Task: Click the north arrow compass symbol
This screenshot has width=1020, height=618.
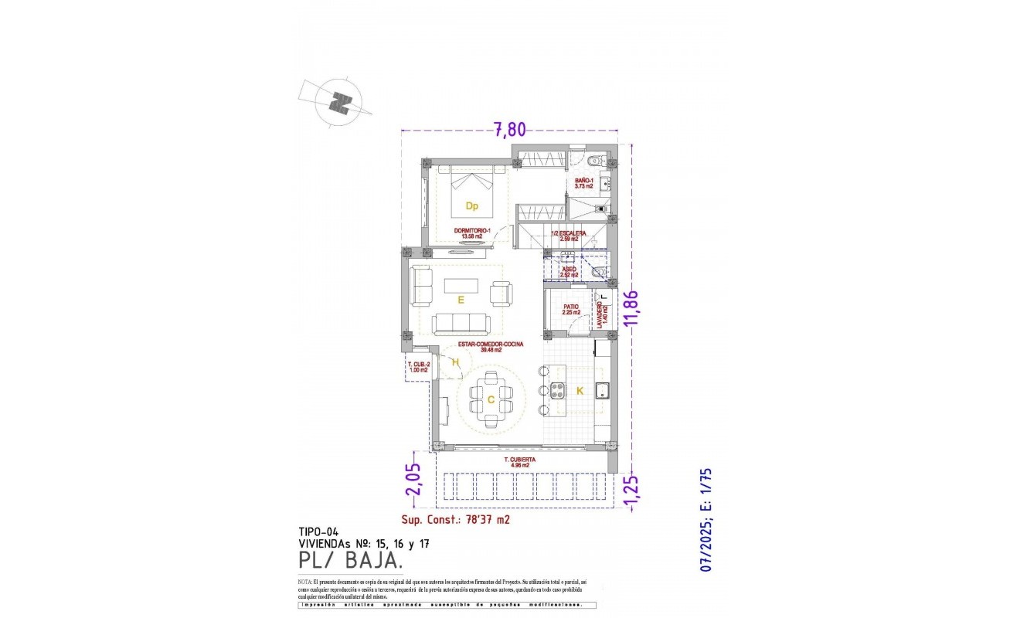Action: click(x=338, y=101)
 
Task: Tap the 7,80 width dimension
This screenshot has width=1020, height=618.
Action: click(x=509, y=130)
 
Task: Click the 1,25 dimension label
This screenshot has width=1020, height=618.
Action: click(x=633, y=491)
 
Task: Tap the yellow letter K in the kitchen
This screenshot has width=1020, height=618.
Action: click(x=580, y=391)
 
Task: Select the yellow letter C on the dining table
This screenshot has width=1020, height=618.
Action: click(x=491, y=399)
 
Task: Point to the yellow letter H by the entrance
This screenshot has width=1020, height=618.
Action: click(x=455, y=362)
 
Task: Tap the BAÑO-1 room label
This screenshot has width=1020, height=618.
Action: click(x=583, y=183)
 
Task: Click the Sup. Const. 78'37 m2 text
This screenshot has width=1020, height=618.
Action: click(x=456, y=520)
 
